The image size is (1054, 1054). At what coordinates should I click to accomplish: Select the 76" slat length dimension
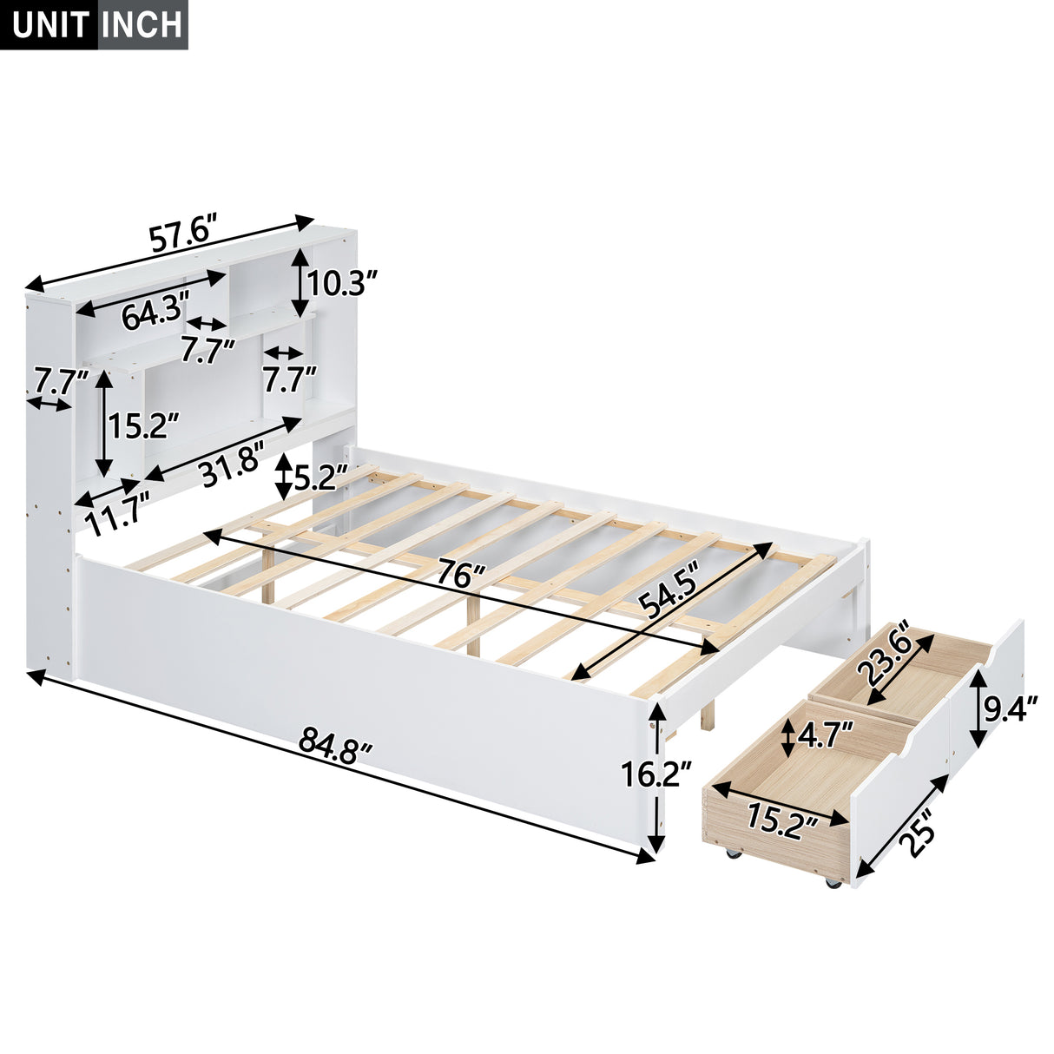459,575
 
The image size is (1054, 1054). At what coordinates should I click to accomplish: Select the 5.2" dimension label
320,477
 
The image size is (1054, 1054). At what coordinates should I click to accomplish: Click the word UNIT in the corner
50,24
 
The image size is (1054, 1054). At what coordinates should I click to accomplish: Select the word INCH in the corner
141,24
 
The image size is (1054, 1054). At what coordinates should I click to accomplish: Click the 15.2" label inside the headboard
143,425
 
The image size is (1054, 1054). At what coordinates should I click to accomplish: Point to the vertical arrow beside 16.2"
657,779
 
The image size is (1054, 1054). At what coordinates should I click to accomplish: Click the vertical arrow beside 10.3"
300,282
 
